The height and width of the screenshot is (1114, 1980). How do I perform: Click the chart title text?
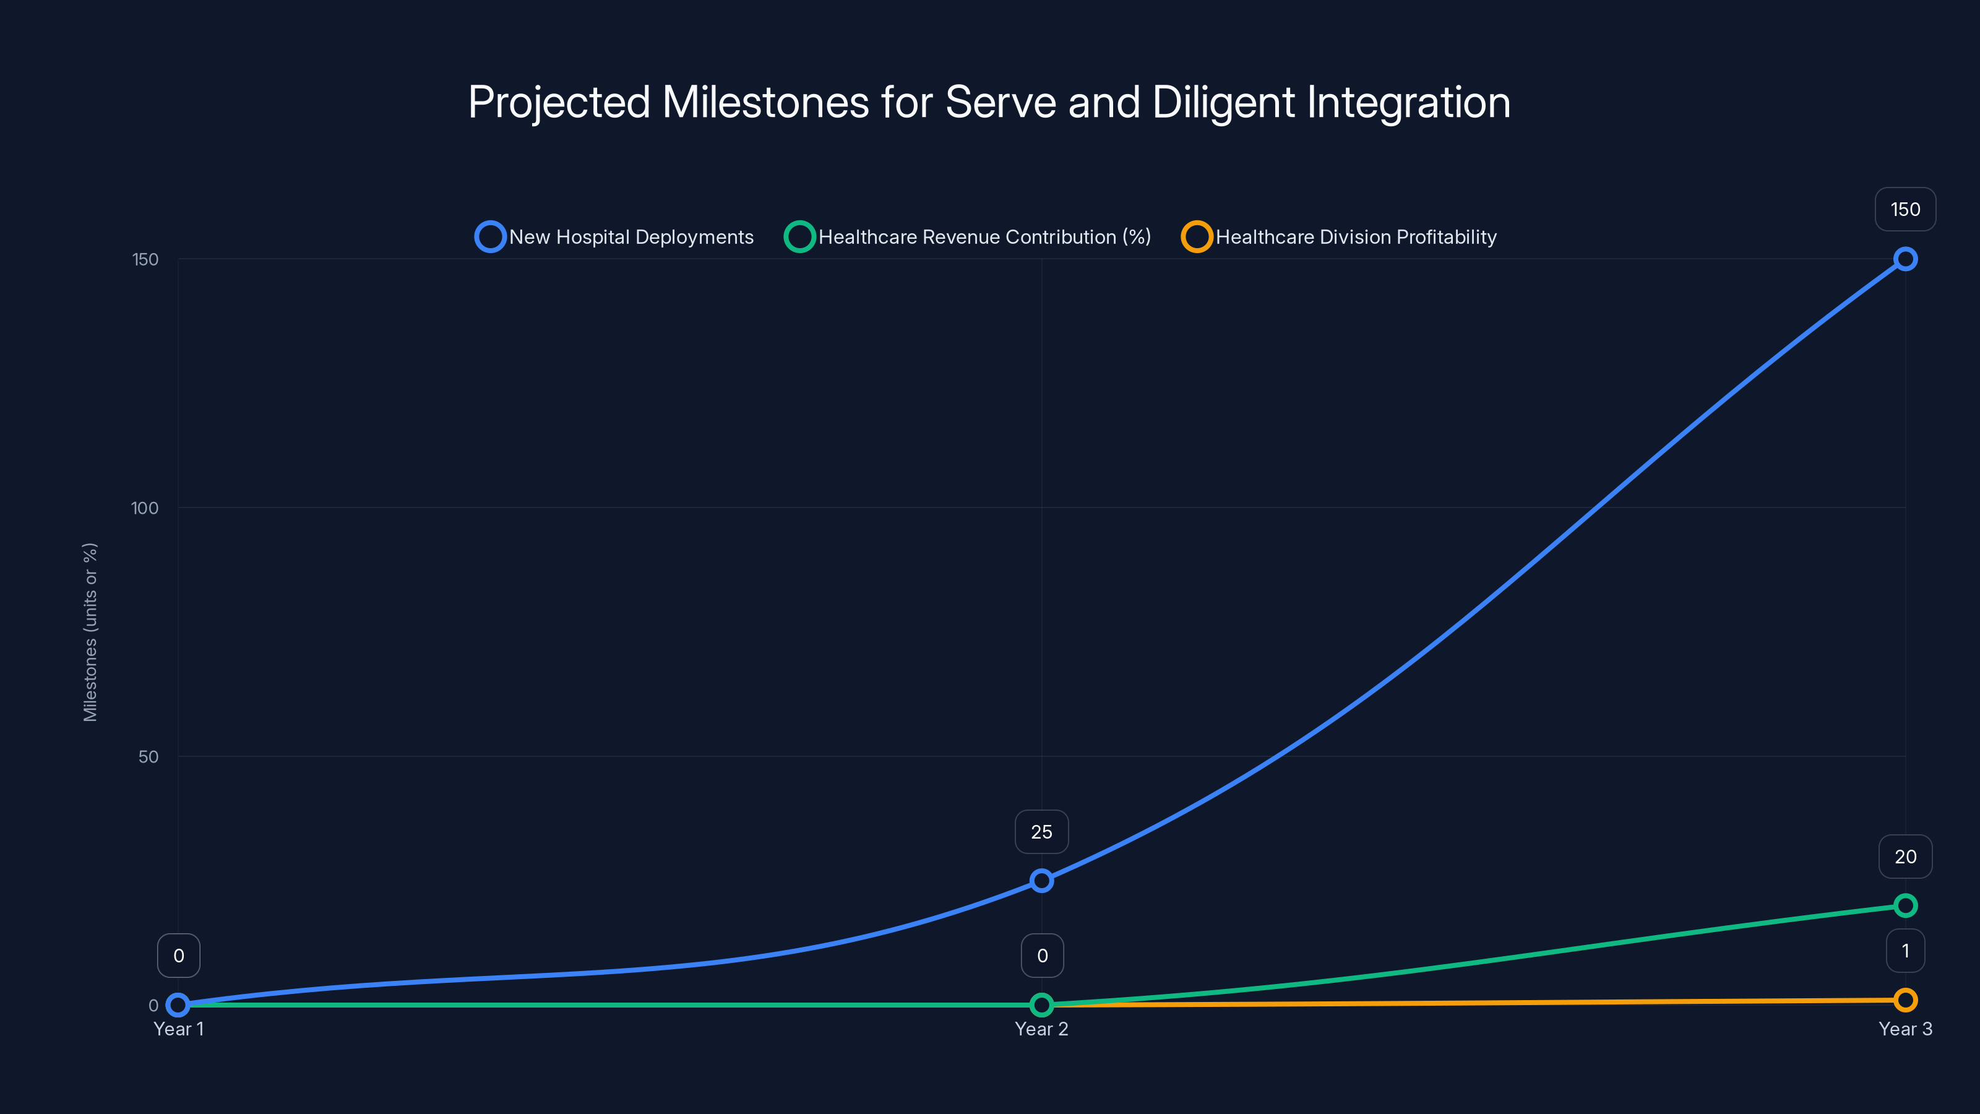pyautogui.click(x=989, y=102)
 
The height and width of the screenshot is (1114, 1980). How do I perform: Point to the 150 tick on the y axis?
pyautogui.click(x=145, y=259)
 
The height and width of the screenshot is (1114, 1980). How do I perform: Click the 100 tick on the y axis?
pyautogui.click(x=145, y=508)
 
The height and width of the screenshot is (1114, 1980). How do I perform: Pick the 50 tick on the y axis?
pyautogui.click(x=148, y=756)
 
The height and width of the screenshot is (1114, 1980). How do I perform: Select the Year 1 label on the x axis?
pyautogui.click(x=178, y=1029)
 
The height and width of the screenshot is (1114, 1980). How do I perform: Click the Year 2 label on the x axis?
pyautogui.click(x=1041, y=1029)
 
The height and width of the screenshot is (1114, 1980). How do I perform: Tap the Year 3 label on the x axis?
pyautogui.click(x=1905, y=1029)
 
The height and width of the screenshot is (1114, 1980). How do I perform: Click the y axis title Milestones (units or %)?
pyautogui.click(x=90, y=632)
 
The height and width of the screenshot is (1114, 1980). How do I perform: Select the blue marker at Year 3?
pyautogui.click(x=1905, y=259)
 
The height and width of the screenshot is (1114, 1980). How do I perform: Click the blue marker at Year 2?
pyautogui.click(x=1041, y=880)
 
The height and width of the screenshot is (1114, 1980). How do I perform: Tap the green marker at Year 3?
pyautogui.click(x=1905, y=905)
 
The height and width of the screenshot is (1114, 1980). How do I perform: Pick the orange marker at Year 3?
pyautogui.click(x=1905, y=1000)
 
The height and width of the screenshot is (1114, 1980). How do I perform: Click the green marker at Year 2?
pyautogui.click(x=1041, y=1005)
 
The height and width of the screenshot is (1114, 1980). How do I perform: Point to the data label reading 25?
pyautogui.click(x=1041, y=832)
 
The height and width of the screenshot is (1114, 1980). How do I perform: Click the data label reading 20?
pyautogui.click(x=1905, y=857)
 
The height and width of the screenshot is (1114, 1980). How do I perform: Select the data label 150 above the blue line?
pyautogui.click(x=1905, y=209)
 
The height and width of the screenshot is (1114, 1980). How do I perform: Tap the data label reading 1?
pyautogui.click(x=1905, y=951)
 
